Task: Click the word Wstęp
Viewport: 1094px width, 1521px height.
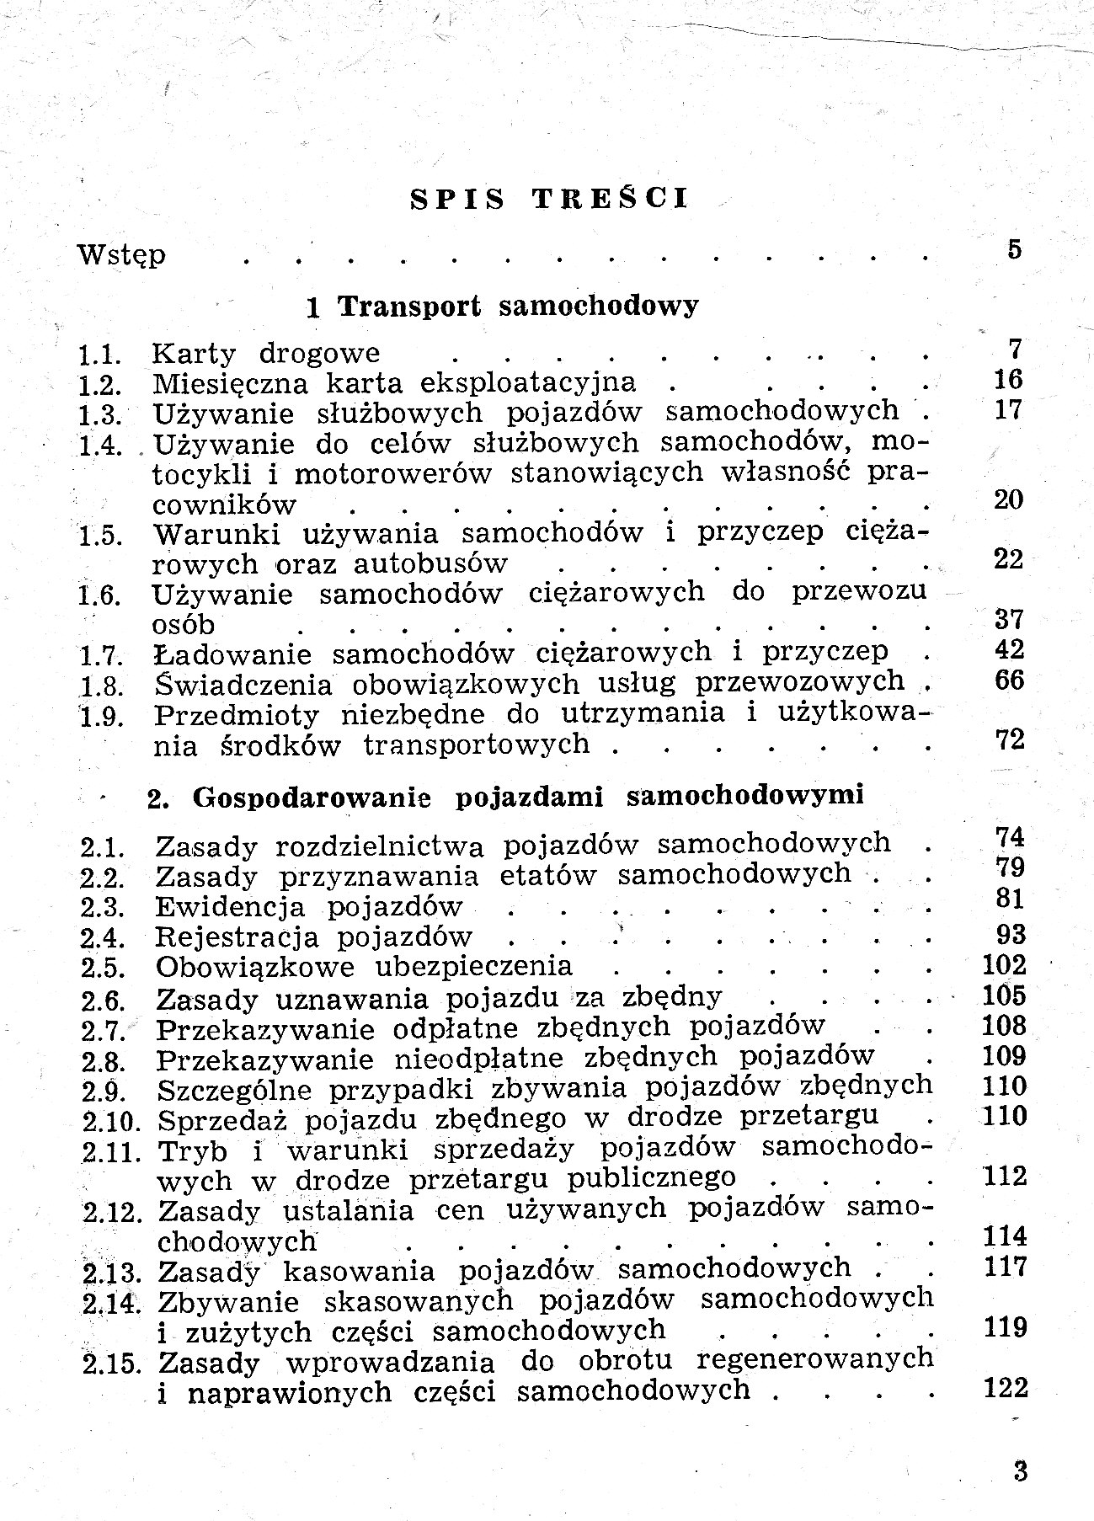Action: coord(121,253)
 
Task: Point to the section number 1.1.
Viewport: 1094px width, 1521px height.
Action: coord(100,355)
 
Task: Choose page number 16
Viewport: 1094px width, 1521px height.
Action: coord(1007,379)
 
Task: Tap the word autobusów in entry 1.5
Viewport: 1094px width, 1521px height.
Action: coord(430,563)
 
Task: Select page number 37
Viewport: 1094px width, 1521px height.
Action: coord(1008,620)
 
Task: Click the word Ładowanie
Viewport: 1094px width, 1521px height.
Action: coord(232,654)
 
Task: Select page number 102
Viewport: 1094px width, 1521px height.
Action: coord(1005,965)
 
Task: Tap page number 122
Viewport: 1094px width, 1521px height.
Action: coord(1006,1388)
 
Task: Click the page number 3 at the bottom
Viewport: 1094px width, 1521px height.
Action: coord(1021,1472)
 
